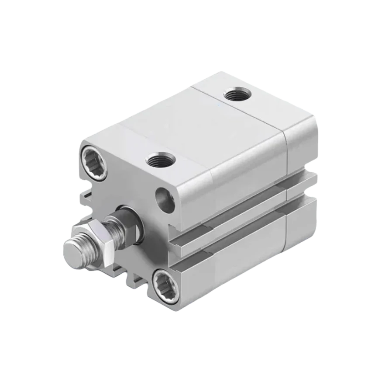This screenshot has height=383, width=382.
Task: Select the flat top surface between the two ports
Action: click(x=196, y=127)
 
